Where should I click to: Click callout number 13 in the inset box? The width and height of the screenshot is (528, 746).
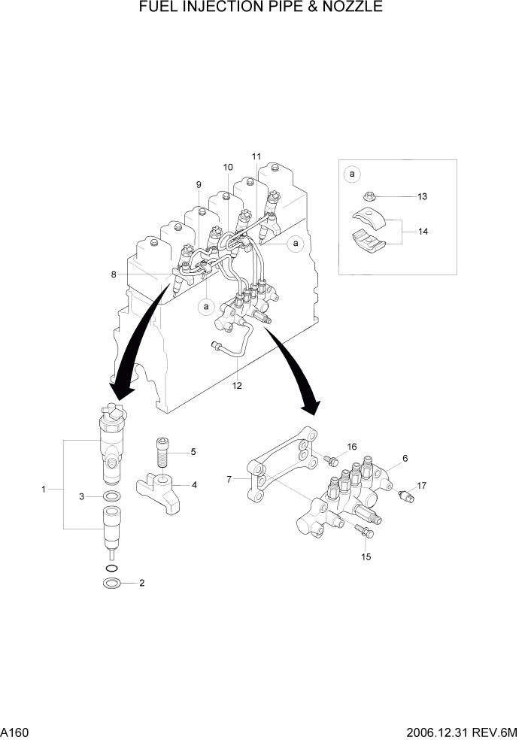click(x=422, y=196)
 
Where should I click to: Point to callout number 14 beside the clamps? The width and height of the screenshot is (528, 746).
click(x=423, y=232)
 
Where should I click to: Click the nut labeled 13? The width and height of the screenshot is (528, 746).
click(x=369, y=198)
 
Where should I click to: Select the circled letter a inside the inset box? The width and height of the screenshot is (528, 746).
click(x=351, y=175)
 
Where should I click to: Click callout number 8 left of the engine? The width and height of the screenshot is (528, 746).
click(x=114, y=274)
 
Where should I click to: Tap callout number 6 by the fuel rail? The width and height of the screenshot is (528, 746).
click(x=405, y=458)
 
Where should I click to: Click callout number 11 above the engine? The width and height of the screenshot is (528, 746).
click(x=256, y=156)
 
